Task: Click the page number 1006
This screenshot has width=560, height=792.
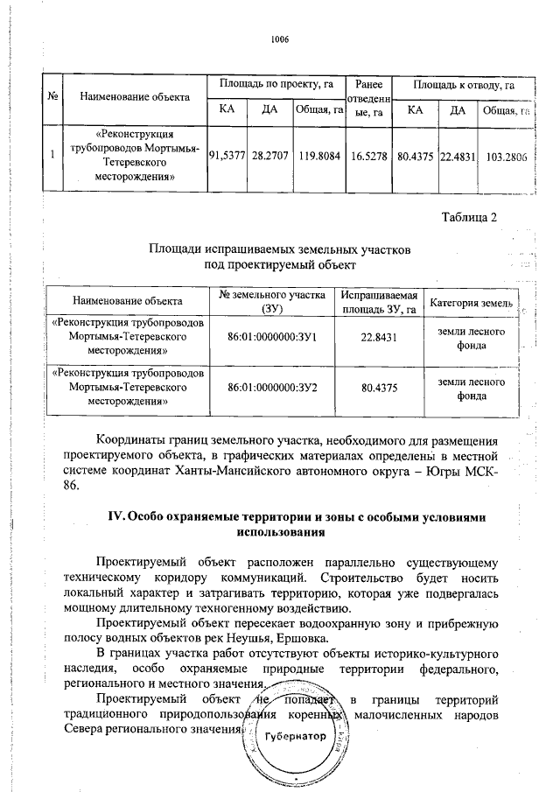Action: (280, 40)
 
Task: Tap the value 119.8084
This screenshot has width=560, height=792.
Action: (318, 154)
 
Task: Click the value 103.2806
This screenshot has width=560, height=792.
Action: (507, 154)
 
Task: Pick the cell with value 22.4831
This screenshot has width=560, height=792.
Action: (458, 154)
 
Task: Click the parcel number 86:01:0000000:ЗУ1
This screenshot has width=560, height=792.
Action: (271, 336)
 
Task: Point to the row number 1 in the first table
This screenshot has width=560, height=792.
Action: (53, 154)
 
